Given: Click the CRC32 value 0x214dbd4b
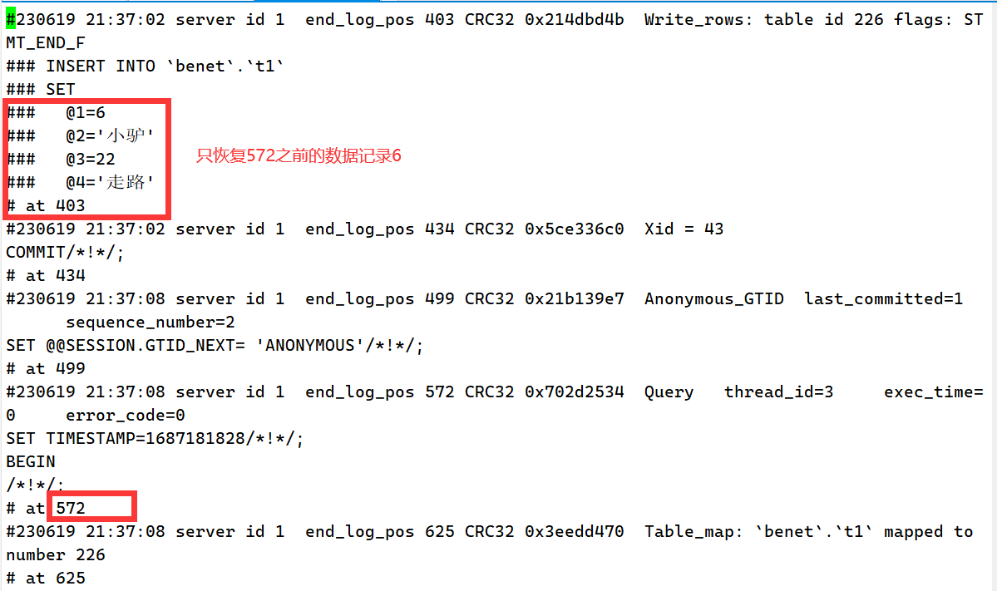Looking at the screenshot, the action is point(574,19).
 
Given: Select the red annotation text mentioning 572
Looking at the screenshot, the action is point(299,156).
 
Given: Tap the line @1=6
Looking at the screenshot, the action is point(85,112).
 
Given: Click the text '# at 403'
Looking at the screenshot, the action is point(46,205).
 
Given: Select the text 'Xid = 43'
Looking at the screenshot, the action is point(684,229).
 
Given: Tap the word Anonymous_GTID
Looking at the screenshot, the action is point(713,298).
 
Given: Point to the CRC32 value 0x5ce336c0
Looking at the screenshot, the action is point(574,229).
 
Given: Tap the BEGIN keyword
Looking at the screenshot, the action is point(31,461).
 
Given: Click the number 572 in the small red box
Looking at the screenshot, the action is point(71,508).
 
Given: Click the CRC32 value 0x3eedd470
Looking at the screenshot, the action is point(574,531).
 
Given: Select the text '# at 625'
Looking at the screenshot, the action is point(46,578).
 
